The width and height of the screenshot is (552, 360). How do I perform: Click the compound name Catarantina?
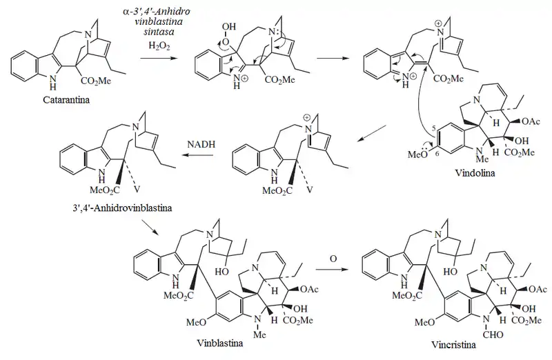[x=66, y=100]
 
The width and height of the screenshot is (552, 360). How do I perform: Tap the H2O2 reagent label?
[x=159, y=46]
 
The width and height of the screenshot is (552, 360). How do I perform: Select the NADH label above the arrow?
[x=201, y=144]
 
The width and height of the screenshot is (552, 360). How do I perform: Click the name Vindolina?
[x=475, y=173]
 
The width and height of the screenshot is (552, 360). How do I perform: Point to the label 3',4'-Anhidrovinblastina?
[x=122, y=208]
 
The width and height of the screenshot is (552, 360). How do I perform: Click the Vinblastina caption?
[x=219, y=343]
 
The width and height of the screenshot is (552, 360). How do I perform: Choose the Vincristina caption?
[x=454, y=345]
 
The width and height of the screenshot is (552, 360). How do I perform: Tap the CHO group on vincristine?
[x=493, y=334]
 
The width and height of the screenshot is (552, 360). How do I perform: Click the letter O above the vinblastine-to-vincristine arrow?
[x=333, y=259]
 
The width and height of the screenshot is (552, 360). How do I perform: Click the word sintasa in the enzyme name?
[x=159, y=32]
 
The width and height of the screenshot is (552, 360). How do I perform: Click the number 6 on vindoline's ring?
[x=436, y=154]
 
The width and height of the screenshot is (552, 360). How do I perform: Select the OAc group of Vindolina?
[x=531, y=121]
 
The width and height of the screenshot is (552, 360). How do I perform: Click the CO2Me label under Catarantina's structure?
[x=96, y=81]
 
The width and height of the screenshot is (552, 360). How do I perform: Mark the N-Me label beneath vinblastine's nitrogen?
[x=259, y=334]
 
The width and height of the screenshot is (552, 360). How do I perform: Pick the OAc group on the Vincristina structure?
[x=538, y=289]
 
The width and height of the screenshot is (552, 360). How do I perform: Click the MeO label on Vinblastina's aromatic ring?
[x=196, y=322]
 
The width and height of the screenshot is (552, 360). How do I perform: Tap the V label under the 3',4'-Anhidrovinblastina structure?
[x=137, y=190]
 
